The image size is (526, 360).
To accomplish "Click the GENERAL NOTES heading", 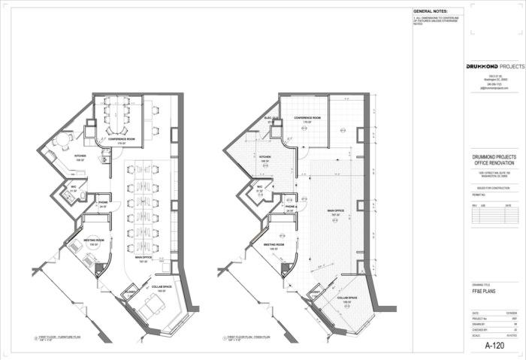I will point(431,12).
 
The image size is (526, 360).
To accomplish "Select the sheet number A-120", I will point(494,346).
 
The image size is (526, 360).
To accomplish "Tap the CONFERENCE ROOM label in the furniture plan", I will point(120,140).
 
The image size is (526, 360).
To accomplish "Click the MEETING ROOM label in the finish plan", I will point(273,244).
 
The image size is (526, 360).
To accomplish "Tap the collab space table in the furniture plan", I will point(153,305).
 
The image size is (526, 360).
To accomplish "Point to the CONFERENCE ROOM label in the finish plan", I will point(308,118).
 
